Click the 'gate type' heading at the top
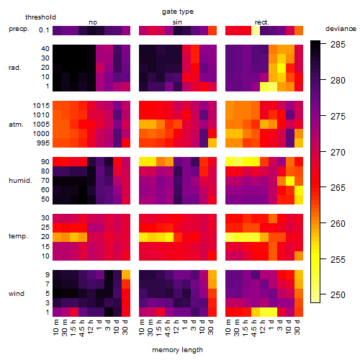tap(178, 12)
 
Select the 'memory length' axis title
tap(178, 350)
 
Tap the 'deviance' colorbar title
tap(341, 29)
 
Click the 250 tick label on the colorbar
tap(338, 294)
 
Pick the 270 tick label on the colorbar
tap(338, 152)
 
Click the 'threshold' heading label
tap(40, 17)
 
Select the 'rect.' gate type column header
tap(262, 22)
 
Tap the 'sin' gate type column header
tap(177, 22)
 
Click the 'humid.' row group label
tap(20, 181)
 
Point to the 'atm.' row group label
tap(16, 125)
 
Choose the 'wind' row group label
tap(17, 294)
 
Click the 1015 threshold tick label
tap(41, 106)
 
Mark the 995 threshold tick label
tap(43, 143)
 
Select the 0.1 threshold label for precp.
tap(44, 30)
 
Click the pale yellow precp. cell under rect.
tap(256, 30)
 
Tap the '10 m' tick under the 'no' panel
tap(56, 327)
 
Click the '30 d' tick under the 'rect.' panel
tap(298, 327)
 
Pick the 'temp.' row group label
tap(18, 236)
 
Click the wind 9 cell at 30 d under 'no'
tap(126, 274)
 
